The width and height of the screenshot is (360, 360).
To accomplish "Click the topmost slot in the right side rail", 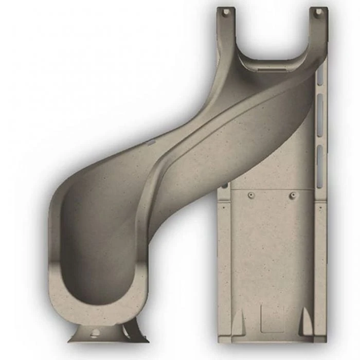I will (320, 77).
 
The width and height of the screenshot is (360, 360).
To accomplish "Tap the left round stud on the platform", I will (251, 195).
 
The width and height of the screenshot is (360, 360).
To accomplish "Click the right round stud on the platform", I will (293, 195).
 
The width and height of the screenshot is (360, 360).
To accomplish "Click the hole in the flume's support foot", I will (95, 332).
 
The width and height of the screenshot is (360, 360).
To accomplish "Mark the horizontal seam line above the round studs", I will (273, 189).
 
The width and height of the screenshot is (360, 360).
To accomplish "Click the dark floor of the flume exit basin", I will (98, 257).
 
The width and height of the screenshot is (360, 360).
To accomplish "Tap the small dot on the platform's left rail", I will (225, 185).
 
